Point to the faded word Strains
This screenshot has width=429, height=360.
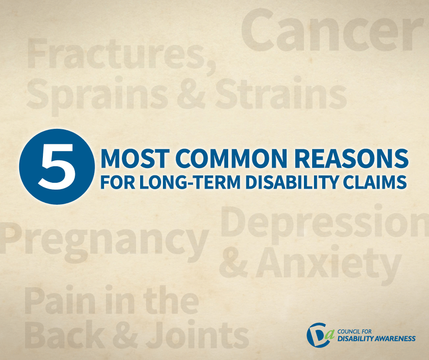pos(281,93)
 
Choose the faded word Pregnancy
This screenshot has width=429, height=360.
pos(104,241)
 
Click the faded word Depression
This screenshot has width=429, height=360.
pos(324,222)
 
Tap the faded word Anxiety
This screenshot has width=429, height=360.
pos(328,263)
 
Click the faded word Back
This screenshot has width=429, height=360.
pos(64,334)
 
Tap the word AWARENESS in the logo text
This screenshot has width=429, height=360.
pos(391,339)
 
